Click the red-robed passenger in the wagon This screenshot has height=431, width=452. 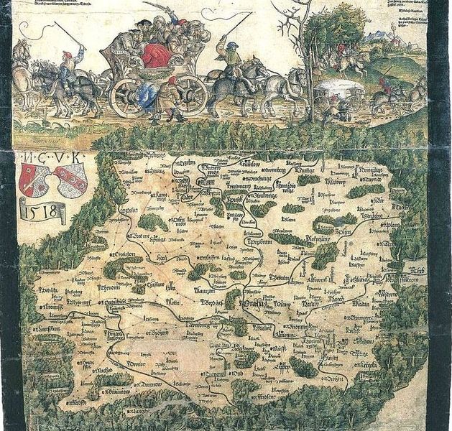(x=155, y=55)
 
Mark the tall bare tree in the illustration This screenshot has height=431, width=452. (x=302, y=50)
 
